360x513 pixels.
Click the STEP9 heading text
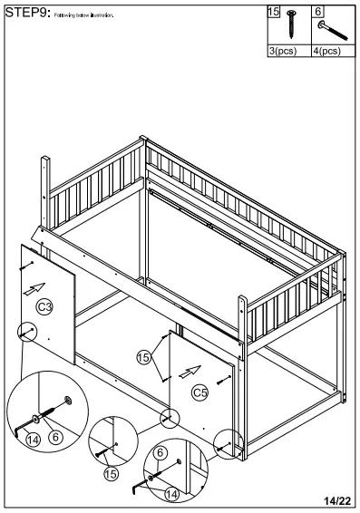tap(25, 13)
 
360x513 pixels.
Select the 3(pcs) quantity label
tap(283, 52)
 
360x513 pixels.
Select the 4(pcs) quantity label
tap(326, 52)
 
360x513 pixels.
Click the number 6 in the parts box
tap(318, 13)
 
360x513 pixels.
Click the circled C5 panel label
tap(200, 392)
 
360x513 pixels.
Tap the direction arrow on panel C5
tap(190, 370)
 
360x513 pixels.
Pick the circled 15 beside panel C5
tap(144, 357)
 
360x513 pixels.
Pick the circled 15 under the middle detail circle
tap(112, 472)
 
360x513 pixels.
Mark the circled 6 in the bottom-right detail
tap(161, 452)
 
